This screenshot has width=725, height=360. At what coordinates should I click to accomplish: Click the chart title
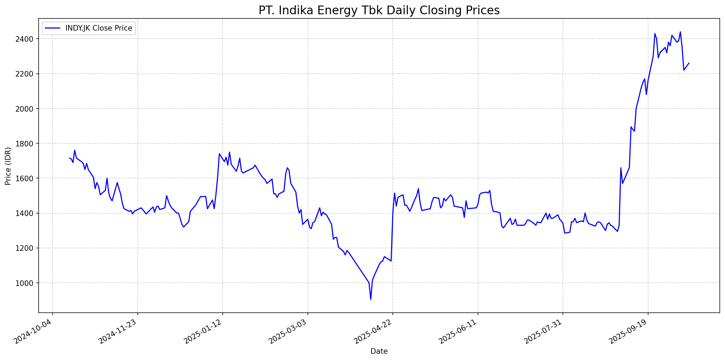pos(379,10)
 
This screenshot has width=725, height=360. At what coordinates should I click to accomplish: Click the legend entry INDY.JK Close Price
pos(98,28)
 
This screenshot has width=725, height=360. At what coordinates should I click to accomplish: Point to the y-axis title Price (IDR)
pos(8,166)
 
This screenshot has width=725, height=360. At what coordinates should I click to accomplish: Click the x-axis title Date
pos(379,351)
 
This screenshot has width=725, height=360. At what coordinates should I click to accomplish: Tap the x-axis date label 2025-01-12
pos(203,332)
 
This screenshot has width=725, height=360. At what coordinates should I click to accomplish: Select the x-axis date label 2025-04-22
pos(373,332)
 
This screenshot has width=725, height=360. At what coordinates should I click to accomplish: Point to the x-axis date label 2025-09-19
pos(628,332)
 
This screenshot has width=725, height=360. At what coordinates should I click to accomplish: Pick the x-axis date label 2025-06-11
pos(458,332)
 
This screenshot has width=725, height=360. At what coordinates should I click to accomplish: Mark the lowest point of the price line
pos(371,299)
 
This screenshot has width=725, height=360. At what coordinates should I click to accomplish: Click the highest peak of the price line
pos(680,32)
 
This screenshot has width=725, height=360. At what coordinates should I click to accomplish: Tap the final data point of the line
pos(689,63)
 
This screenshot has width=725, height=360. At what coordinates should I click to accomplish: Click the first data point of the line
pos(70,158)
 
